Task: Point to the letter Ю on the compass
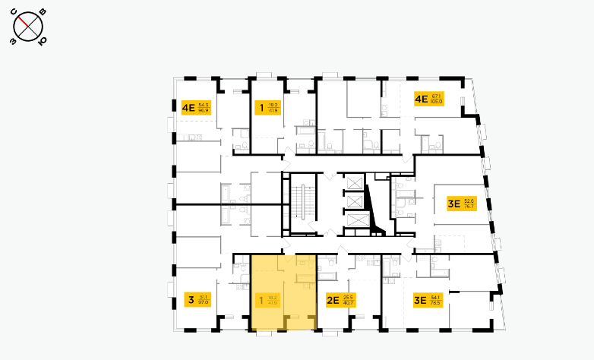tap(41, 41)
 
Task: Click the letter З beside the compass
tap(13, 43)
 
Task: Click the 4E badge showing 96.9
tap(195, 107)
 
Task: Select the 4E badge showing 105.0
tap(428, 99)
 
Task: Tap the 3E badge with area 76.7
tap(461, 204)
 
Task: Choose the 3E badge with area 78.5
tap(427, 300)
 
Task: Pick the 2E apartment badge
tap(340, 300)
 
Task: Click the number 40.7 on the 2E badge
tap(349, 303)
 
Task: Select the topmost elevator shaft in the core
tap(355, 183)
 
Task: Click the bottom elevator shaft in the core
tap(355, 221)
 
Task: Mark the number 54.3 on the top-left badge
tap(203, 104)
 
